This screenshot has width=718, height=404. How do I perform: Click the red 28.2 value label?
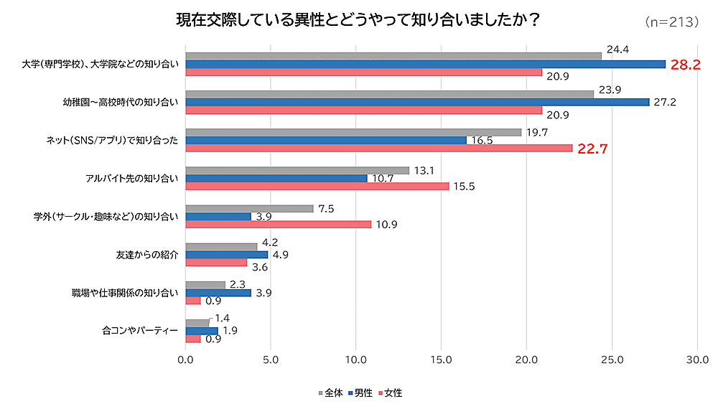[685, 65]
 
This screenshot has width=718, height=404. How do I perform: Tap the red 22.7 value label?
[592, 149]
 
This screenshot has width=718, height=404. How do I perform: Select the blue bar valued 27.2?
[417, 102]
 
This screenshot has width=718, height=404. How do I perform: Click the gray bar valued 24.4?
[393, 55]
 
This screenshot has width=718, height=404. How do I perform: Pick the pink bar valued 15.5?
[317, 186]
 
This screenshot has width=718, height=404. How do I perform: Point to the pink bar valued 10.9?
[279, 224]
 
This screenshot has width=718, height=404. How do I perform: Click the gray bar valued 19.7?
[353, 132]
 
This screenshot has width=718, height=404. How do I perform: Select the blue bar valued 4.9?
[227, 255]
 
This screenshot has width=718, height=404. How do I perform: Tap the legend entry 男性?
[360, 393]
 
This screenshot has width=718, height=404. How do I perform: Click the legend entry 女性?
[389, 393]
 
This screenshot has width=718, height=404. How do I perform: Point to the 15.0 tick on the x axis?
[442, 358]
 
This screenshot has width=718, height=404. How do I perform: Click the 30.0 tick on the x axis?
[697, 358]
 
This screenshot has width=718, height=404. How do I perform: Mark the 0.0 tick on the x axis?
[186, 358]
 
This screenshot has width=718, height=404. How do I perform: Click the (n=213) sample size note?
[672, 22]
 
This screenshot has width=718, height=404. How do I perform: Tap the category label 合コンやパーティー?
[140, 331]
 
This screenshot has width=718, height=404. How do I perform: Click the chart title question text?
[358, 20]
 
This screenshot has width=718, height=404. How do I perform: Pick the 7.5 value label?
[326, 209]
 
